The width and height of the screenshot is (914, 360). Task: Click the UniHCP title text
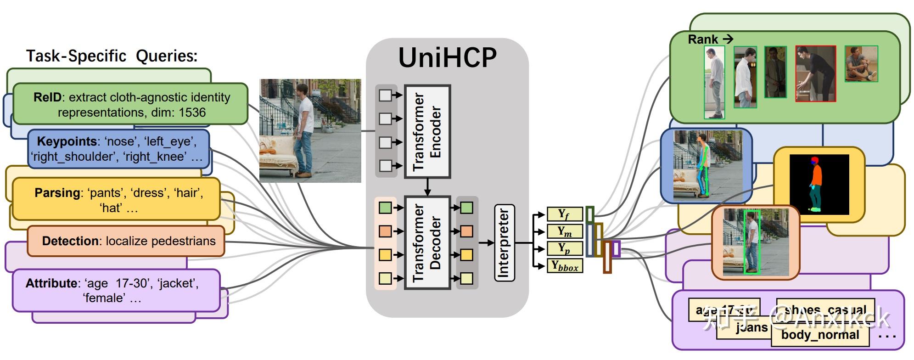(447, 58)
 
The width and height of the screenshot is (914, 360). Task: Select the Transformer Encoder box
(427, 131)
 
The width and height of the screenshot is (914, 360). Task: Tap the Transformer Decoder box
(427, 242)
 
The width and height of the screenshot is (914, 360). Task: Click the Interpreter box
(504, 242)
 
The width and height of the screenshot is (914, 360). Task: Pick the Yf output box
(564, 214)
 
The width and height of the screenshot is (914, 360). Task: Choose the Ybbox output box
(564, 266)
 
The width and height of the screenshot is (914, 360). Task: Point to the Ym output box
(564, 231)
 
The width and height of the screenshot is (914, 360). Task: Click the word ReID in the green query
(47, 97)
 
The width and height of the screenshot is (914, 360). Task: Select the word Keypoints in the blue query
(67, 141)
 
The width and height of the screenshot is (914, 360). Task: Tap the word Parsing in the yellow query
(57, 193)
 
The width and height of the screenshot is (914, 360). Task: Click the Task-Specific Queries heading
(112, 56)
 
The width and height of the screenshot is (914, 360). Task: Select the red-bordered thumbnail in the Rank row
(815, 73)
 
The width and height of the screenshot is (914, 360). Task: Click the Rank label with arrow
(710, 39)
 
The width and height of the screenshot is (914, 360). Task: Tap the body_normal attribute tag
(820, 335)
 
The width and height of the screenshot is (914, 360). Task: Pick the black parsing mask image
(819, 185)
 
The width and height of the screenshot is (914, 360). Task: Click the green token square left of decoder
(385, 208)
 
